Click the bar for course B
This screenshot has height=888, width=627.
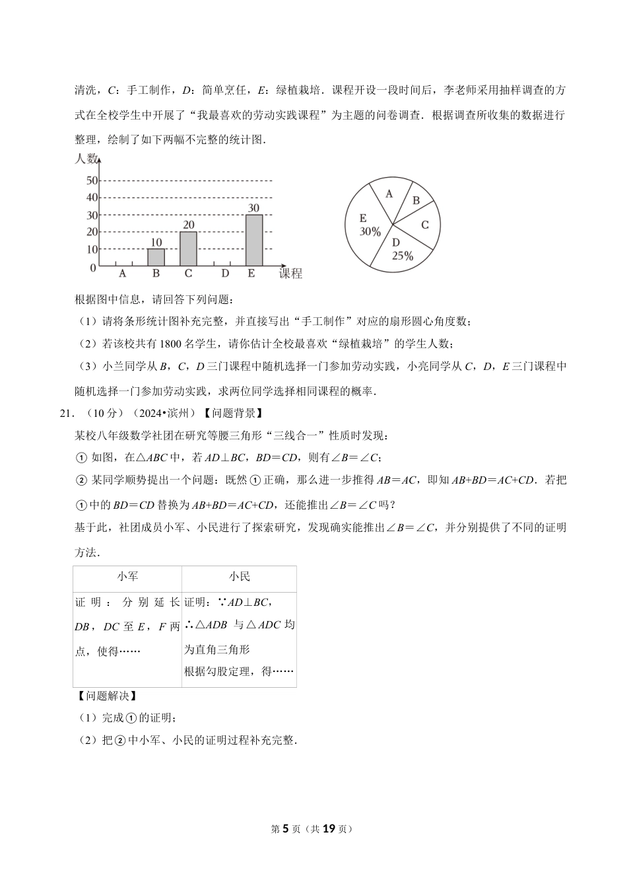[x=156, y=257]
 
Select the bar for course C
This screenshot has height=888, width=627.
[x=188, y=248]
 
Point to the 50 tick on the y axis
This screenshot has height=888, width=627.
[x=92, y=180]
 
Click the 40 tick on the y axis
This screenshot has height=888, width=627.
[x=92, y=198]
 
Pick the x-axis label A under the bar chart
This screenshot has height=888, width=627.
[x=123, y=274]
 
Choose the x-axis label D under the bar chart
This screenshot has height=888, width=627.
[x=225, y=274]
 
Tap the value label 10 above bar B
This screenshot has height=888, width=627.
[x=156, y=242]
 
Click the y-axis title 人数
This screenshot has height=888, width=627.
[x=86, y=159]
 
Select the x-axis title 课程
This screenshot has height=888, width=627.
[x=290, y=274]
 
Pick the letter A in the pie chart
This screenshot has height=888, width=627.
[x=389, y=194]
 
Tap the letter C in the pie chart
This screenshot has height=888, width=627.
[x=425, y=225]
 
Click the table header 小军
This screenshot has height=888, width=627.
[x=127, y=577]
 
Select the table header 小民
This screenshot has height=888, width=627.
[x=239, y=577]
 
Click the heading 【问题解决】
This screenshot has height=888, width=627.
[x=107, y=696]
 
